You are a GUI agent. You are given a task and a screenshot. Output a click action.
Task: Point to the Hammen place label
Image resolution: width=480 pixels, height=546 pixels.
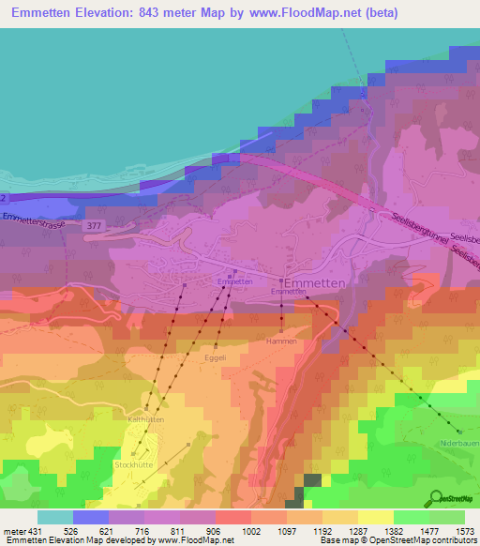(x=281, y=342)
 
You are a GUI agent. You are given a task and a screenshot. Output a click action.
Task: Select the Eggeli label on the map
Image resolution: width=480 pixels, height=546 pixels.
(x=216, y=357)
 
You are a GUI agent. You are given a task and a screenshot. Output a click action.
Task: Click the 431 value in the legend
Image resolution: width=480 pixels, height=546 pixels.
(x=36, y=530)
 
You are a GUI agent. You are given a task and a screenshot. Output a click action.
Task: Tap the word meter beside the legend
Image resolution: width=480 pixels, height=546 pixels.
(x=13, y=530)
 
